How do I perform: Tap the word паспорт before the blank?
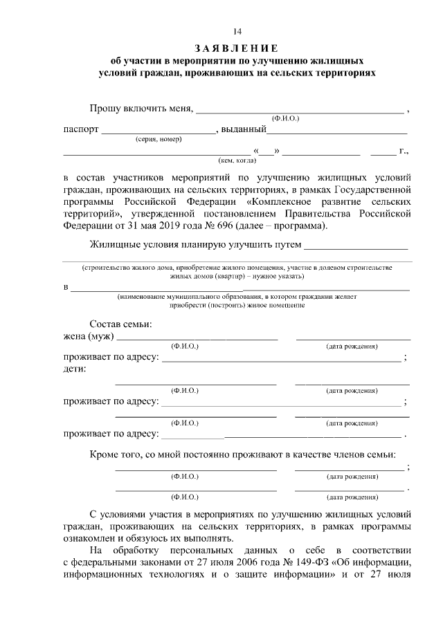point(80,130)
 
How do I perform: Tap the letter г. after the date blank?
point(404,150)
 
